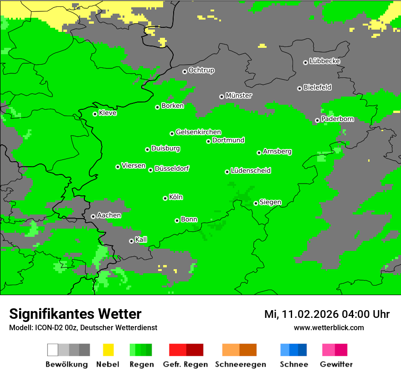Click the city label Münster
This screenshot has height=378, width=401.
pos(238,96)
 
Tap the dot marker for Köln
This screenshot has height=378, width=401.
pos(165,198)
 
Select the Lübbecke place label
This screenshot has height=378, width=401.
pos(324,61)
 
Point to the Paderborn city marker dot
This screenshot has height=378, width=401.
pos(317,120)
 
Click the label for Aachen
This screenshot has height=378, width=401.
pos(109,215)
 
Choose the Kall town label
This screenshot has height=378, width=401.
pos(141,240)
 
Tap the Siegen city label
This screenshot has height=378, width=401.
pos(270,202)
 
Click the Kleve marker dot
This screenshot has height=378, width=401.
pos(95,114)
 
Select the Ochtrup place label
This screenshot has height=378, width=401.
pos(201,70)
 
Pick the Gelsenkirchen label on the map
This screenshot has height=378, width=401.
pos(198,132)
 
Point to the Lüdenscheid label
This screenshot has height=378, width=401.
pos(251,171)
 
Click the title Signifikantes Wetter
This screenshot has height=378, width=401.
pos(75,314)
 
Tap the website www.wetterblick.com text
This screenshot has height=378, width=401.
pos(329,328)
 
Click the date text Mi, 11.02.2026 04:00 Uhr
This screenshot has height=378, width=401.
pos(327,314)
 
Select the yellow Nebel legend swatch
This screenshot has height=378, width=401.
pos(108,350)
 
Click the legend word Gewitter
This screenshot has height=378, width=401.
pos(336,364)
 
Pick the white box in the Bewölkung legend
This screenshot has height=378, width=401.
pos(53,350)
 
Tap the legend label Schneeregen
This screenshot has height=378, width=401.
pos(241,364)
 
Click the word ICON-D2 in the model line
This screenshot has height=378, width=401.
pos(47,328)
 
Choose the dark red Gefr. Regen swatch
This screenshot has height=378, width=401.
pos(195,350)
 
